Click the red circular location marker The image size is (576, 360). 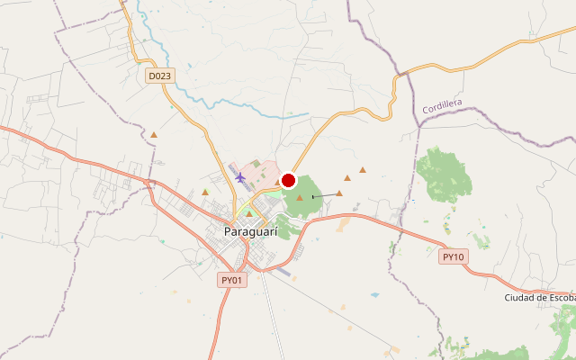[x=289, y=180]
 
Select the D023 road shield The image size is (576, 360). [x=159, y=76]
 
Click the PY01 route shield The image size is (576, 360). [x=232, y=280]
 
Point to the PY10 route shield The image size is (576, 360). [x=454, y=257]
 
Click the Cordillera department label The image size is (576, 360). [x=442, y=106]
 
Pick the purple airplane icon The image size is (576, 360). [x=240, y=176]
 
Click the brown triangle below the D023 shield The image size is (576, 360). [x=154, y=135]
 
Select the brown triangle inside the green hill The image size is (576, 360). [x=300, y=196]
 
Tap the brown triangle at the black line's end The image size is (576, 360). [x=339, y=193]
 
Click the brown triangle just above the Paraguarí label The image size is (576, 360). [x=249, y=213]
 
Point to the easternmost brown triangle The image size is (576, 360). [x=363, y=169]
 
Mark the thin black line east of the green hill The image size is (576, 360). [x=324, y=194]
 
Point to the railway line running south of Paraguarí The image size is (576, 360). [x=270, y=306]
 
